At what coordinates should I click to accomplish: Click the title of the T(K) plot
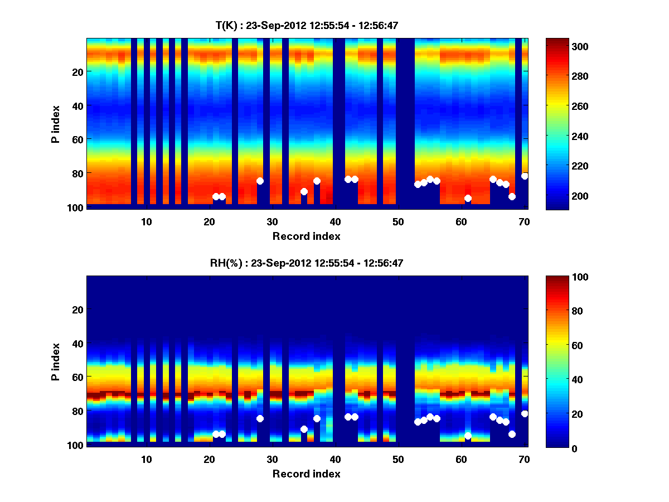point(307,25)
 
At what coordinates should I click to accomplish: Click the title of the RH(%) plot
point(307,263)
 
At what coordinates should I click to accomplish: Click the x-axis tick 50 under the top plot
point(398,221)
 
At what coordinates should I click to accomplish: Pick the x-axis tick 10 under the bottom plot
point(146,460)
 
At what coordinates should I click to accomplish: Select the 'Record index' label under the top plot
point(306,236)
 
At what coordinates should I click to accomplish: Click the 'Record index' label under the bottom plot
point(306,474)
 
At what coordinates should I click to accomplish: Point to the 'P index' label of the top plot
point(56,122)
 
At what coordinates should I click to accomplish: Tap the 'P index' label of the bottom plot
point(56,360)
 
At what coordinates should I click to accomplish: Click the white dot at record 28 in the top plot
point(260,181)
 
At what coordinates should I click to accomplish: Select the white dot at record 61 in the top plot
point(468,198)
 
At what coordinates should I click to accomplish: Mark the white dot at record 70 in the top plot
point(525,176)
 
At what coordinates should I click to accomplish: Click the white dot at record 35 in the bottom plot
point(304,429)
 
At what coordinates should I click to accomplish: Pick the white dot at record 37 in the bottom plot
point(317,418)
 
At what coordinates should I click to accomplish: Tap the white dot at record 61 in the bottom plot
point(468,436)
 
